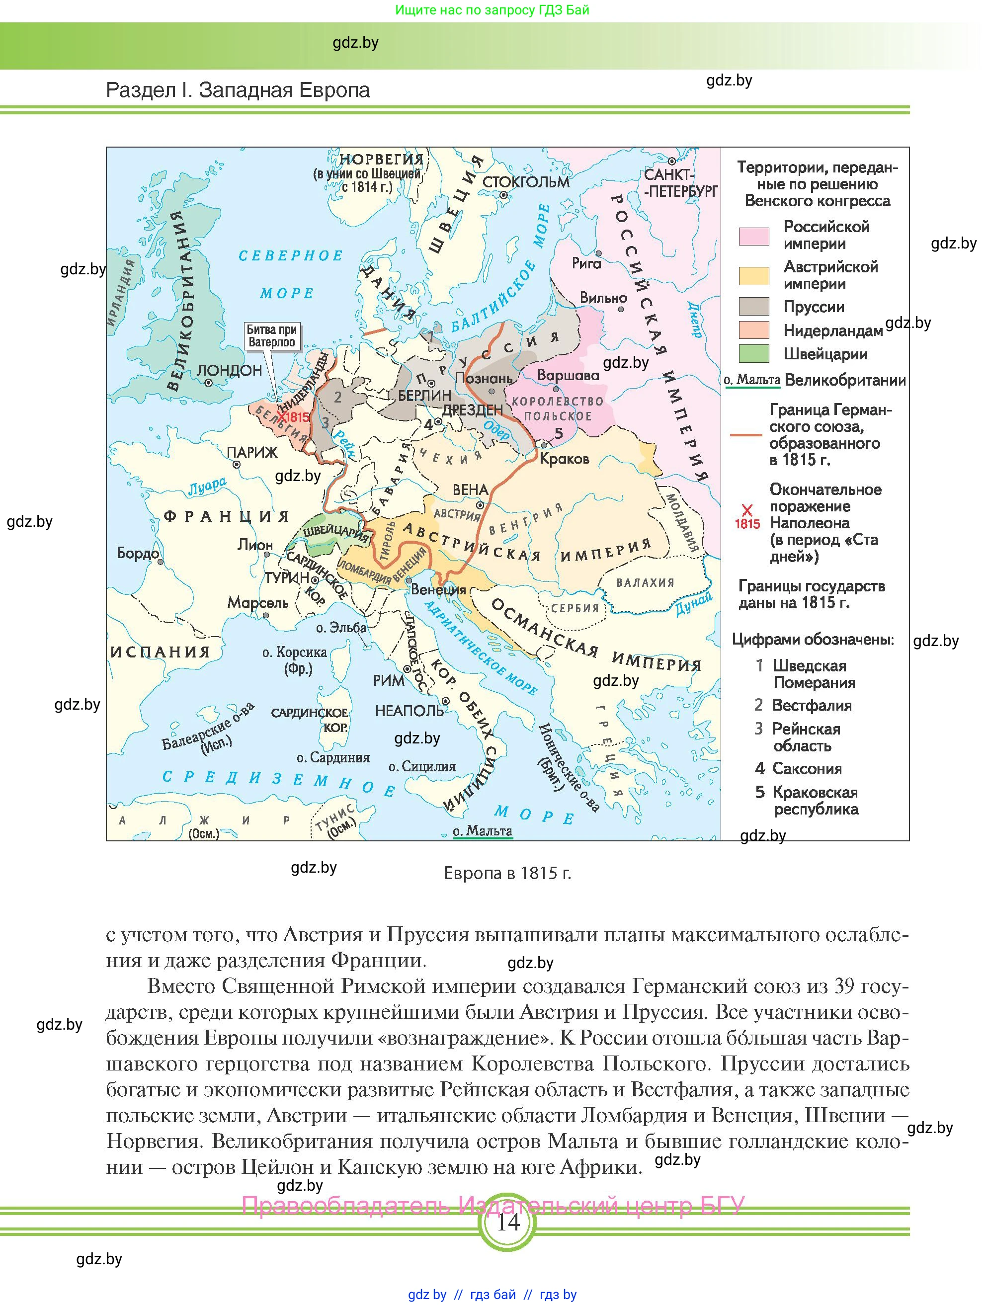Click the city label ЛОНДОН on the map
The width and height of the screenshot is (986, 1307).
click(229, 370)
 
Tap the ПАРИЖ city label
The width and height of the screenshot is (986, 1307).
click(252, 453)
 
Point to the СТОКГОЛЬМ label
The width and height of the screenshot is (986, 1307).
click(525, 182)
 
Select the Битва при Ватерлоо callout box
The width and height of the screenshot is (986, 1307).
click(271, 336)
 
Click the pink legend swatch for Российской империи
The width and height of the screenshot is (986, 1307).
click(754, 236)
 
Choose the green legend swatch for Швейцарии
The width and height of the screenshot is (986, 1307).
click(754, 354)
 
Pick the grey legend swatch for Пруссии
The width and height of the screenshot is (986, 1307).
click(754, 307)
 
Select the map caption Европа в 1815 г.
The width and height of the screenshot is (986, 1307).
click(507, 873)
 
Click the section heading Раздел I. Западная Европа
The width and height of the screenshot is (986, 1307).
click(238, 90)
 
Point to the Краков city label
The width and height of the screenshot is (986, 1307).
click(564, 459)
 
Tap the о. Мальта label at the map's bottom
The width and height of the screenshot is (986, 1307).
click(482, 831)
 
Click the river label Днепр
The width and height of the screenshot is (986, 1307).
click(695, 320)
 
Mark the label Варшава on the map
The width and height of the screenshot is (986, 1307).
click(568, 375)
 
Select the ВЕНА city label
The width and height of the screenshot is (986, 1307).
click(470, 490)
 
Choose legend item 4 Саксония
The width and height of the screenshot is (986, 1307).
click(798, 769)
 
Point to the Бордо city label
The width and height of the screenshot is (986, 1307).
click(138, 553)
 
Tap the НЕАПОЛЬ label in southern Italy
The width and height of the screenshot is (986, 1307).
click(409, 711)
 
